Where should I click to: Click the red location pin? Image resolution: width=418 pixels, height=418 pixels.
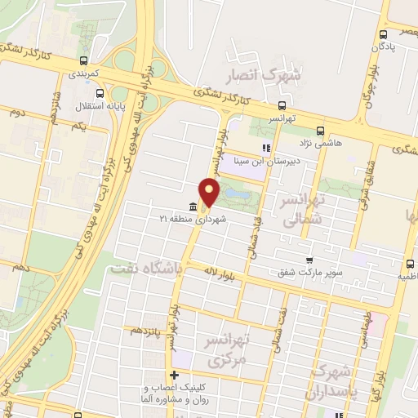tap(210, 192)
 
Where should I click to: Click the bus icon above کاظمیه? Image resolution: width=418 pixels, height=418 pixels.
tap(410, 264)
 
